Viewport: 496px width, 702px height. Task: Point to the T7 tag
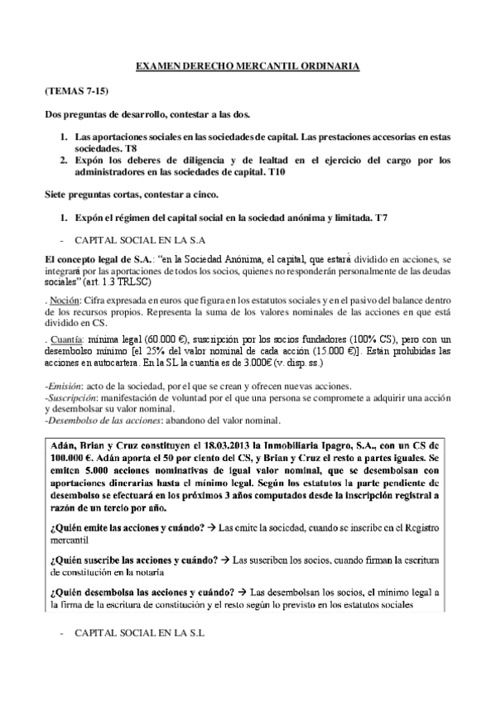coord(383,217)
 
